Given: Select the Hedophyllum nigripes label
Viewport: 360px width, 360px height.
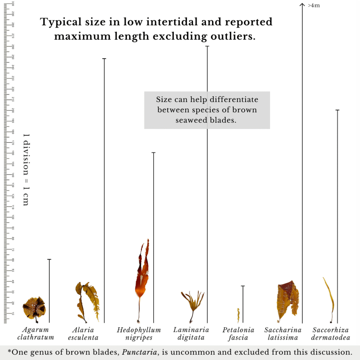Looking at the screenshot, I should [x=139, y=334].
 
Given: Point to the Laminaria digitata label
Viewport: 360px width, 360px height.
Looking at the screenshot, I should [x=191, y=334].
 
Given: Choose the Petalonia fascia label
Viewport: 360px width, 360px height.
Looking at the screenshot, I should [x=238, y=334].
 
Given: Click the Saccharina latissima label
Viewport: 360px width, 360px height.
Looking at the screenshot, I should [x=283, y=334].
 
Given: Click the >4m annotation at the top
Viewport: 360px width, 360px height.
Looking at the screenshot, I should [x=314, y=5].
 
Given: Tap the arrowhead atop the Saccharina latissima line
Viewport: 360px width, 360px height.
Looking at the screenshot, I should [x=302, y=4].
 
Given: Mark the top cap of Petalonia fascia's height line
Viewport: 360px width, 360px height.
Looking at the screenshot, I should [x=243, y=286].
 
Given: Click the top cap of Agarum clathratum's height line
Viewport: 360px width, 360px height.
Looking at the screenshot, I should [x=49, y=259].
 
